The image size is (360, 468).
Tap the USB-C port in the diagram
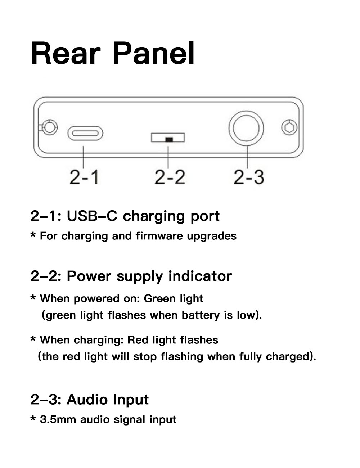tap(85, 133)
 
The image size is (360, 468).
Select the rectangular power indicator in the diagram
tap(168, 138)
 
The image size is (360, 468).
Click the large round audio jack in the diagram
tap(246, 128)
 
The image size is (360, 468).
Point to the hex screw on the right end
tap(289, 127)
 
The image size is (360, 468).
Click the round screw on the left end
tap(49, 127)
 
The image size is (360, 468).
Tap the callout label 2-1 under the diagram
tap(84, 177)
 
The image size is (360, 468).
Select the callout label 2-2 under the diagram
tap(170, 177)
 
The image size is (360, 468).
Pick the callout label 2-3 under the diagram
tap(248, 177)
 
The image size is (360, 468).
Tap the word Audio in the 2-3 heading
tap(87, 400)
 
